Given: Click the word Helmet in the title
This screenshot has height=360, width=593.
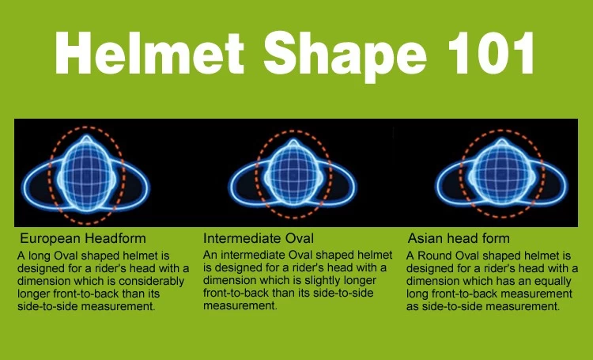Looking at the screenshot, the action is point(149,53).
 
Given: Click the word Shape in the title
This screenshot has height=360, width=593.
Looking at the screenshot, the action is point(345,56).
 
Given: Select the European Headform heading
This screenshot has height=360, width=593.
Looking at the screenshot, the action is point(83,238).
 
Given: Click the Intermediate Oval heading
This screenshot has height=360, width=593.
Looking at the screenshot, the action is point(259,238).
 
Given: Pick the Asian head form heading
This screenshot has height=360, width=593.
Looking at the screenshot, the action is point(459,238).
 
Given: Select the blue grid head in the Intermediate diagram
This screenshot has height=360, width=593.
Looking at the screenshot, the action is point(293,174).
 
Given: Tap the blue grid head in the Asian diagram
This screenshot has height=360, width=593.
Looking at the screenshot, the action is point(501,174).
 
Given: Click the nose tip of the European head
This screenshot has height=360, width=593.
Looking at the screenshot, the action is point(87,136).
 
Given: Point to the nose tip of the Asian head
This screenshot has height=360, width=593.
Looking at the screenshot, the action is point(501,141).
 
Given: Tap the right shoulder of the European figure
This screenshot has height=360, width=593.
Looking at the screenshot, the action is point(132,184).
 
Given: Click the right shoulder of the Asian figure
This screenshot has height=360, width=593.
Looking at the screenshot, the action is point(550,184).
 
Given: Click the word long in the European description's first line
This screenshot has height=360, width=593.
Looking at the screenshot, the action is point(39,256).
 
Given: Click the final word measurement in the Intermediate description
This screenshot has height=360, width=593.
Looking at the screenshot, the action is point(240,305).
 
